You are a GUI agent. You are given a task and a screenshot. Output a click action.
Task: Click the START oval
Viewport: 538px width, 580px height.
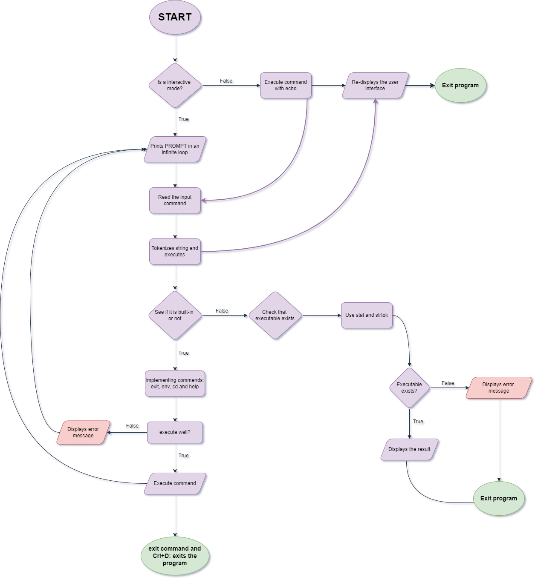(175, 17)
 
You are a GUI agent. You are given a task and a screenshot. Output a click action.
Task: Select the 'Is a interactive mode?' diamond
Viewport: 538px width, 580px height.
(175, 86)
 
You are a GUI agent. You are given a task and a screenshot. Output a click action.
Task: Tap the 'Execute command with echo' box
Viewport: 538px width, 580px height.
(286, 86)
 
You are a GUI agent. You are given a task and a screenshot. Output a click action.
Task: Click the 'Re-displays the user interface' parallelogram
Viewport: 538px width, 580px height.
(375, 86)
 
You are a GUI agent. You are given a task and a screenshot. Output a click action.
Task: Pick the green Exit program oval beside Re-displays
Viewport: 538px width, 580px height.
(460, 86)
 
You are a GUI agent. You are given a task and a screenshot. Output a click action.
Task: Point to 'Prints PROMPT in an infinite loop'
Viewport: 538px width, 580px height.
(175, 149)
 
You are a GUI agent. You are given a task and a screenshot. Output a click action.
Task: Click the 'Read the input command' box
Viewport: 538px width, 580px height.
(175, 201)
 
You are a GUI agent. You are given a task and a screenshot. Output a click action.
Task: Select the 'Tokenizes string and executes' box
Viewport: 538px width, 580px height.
(175, 252)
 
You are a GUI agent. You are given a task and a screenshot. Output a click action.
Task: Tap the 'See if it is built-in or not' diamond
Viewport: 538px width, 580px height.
(175, 316)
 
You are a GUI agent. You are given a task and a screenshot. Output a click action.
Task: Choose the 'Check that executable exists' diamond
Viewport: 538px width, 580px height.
(275, 316)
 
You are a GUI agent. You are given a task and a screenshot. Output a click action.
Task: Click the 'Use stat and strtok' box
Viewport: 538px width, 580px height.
(367, 316)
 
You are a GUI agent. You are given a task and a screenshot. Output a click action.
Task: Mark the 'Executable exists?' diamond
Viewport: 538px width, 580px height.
(409, 388)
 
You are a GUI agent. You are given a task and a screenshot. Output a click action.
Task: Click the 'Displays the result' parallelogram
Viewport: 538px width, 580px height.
(409, 450)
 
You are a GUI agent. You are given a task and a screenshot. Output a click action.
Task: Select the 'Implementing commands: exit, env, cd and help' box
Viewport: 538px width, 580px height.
(175, 384)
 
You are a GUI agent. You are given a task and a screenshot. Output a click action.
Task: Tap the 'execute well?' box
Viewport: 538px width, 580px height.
(175, 433)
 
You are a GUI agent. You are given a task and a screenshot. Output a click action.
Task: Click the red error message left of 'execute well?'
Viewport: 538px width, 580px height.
(83, 433)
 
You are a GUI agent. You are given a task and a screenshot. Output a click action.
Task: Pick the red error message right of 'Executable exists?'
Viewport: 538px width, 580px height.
(499, 388)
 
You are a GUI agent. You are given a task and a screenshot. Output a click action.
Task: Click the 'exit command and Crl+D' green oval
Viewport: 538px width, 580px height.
(175, 556)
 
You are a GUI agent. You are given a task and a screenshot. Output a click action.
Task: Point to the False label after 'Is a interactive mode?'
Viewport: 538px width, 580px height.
(226, 81)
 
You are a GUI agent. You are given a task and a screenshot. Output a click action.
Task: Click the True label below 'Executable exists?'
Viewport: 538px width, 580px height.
(418, 422)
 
